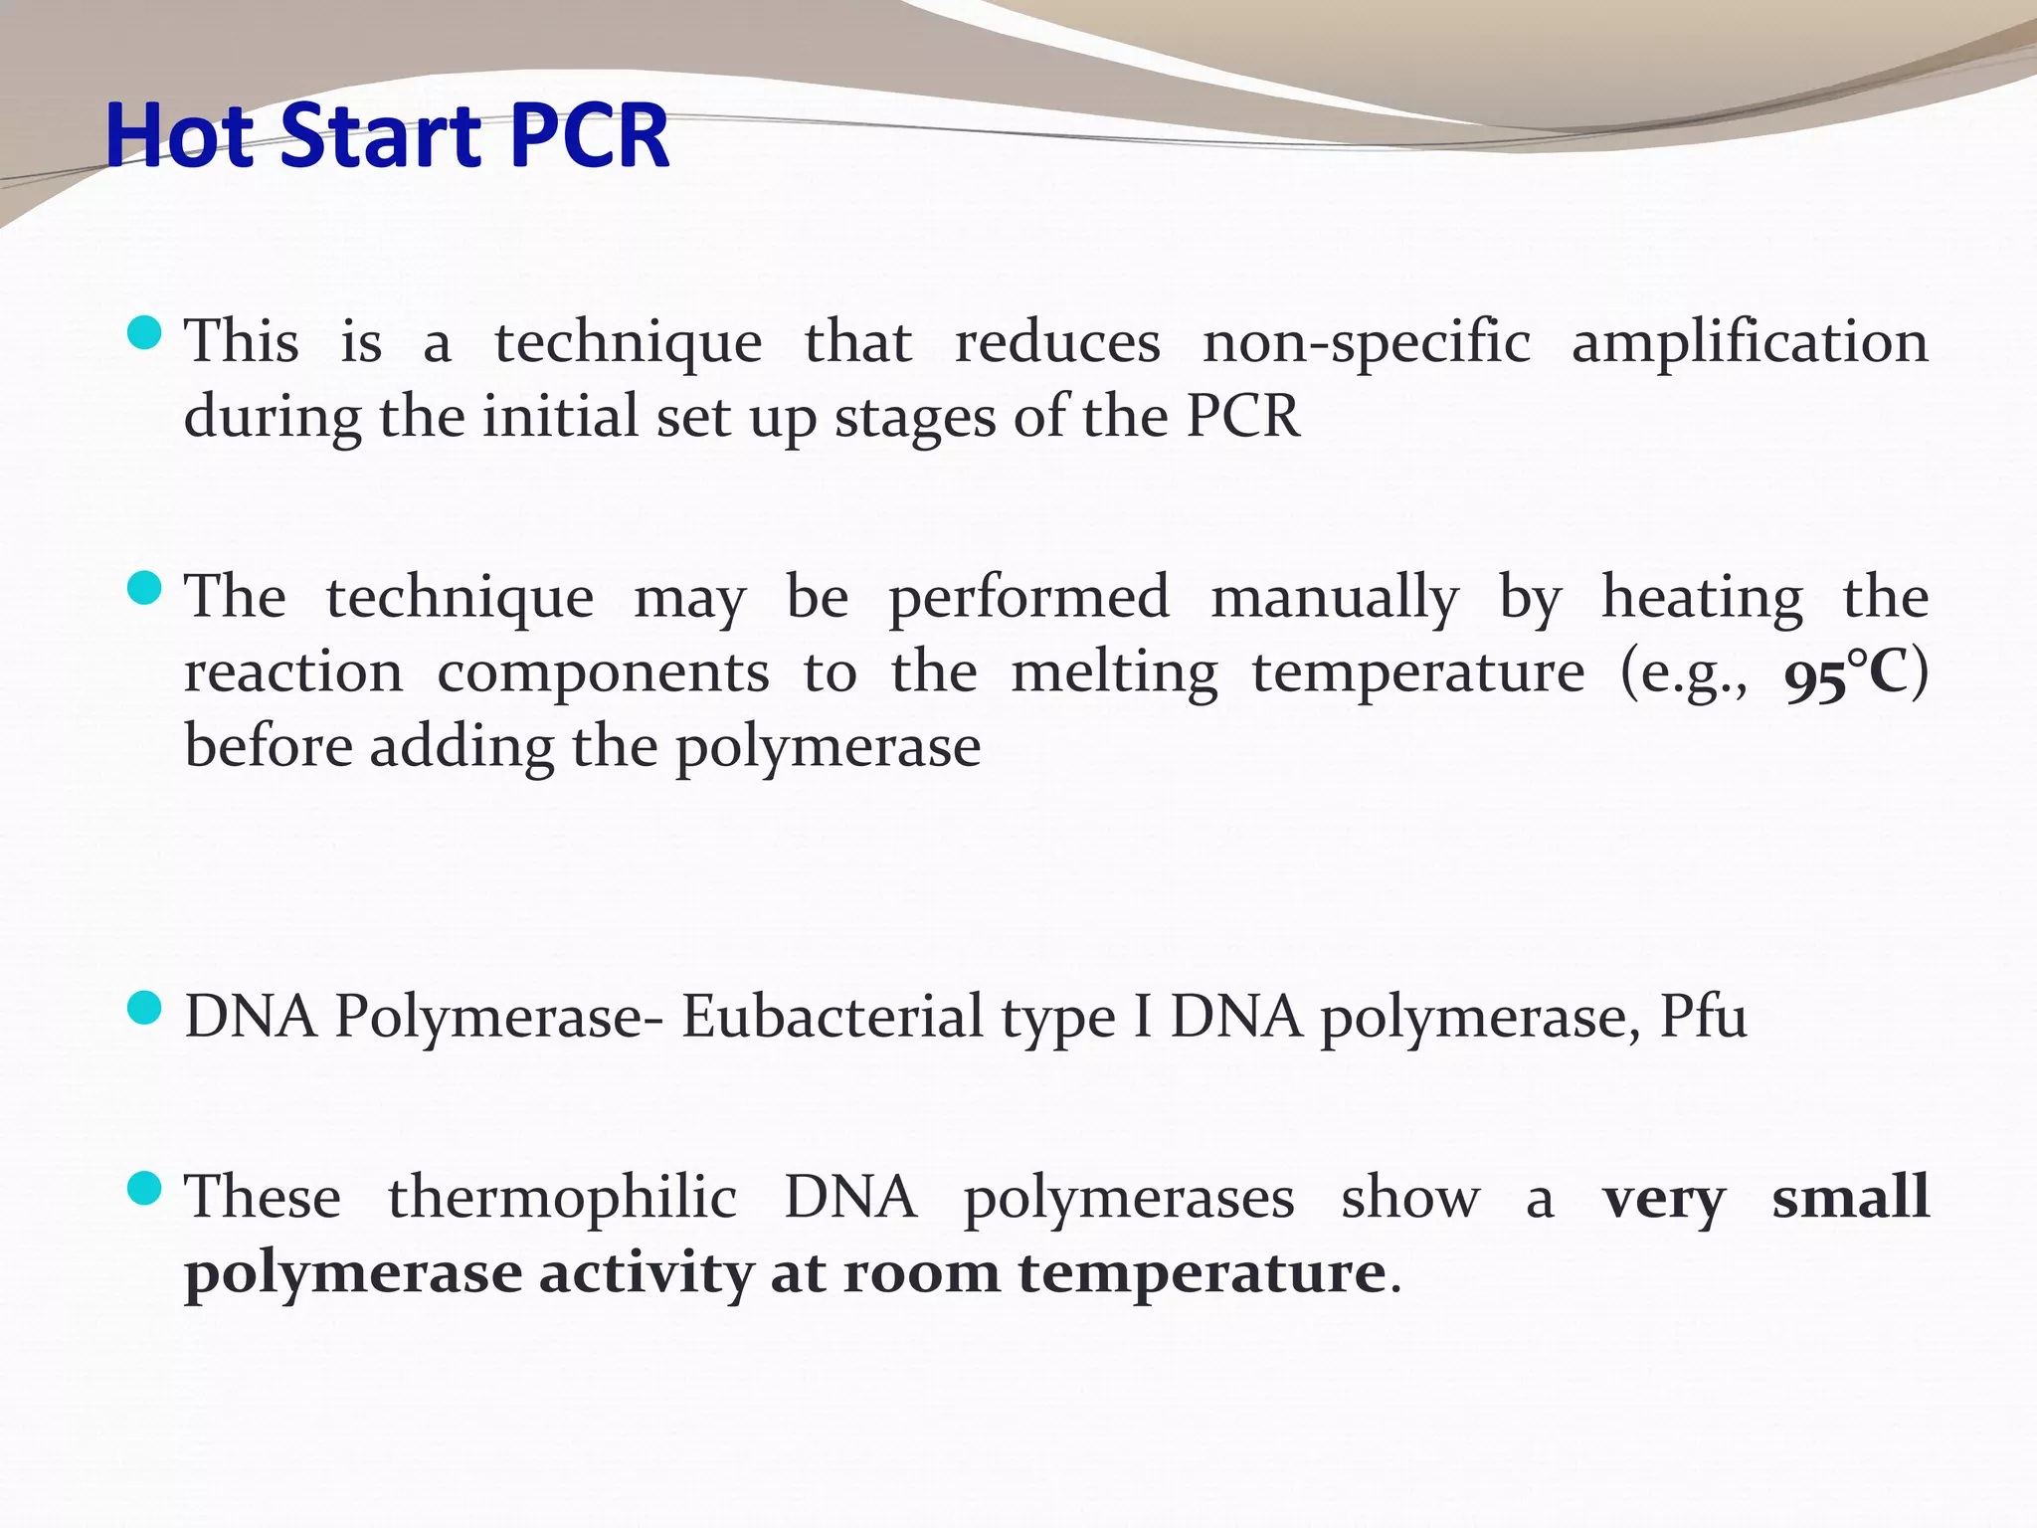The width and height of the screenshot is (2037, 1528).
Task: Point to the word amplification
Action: click(x=1750, y=343)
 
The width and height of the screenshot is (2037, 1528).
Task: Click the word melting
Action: click(x=1114, y=674)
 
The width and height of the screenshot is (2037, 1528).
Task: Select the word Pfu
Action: click(x=1703, y=1017)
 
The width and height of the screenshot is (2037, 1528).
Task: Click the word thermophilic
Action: click(x=562, y=1198)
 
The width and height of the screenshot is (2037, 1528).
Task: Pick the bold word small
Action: click(x=1850, y=1198)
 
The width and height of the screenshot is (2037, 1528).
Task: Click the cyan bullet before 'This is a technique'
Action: click(x=145, y=333)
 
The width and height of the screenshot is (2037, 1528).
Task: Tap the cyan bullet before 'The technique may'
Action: click(x=145, y=588)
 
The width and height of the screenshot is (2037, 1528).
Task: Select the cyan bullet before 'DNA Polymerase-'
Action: click(x=145, y=1009)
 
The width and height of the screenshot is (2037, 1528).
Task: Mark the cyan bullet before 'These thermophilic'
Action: click(x=145, y=1189)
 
